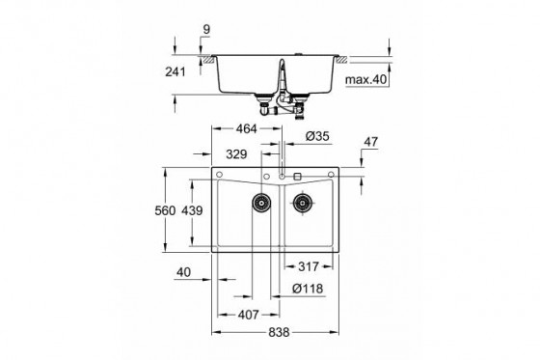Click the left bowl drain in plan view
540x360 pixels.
pos(259,202)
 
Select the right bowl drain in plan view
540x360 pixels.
pos(303,202)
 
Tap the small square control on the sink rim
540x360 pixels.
pos(297,177)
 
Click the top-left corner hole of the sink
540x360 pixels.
pos(221,175)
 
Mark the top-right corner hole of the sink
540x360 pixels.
pos(332,175)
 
